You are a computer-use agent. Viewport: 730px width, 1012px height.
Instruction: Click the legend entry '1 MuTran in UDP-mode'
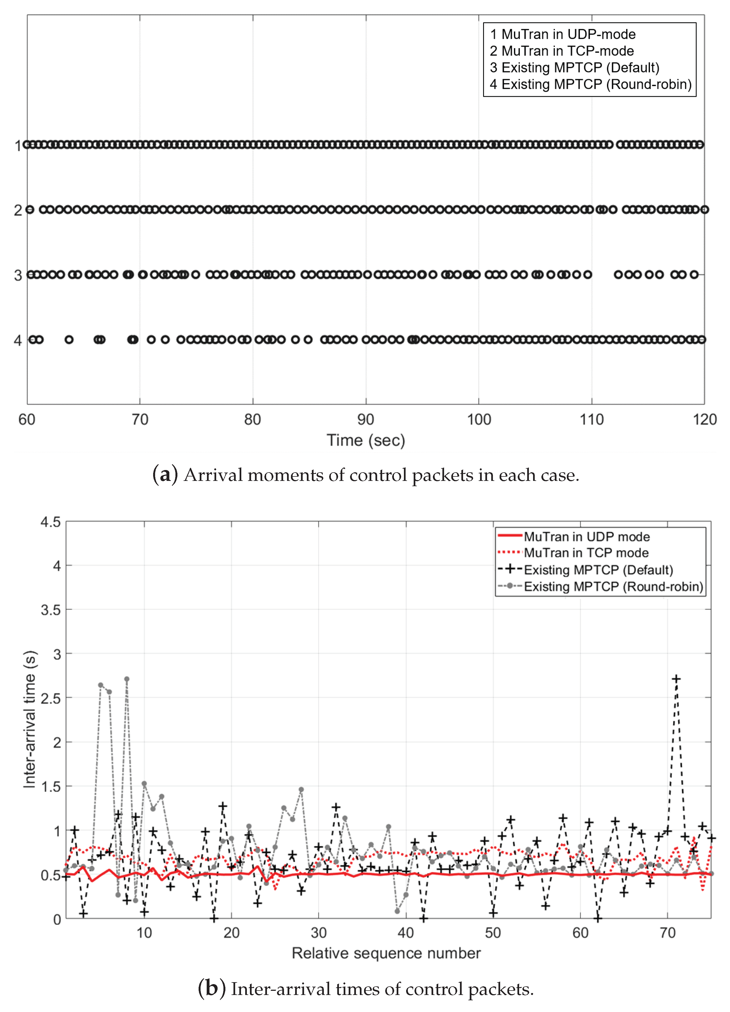563,34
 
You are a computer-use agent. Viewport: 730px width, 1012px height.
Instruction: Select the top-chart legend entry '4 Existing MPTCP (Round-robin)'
590,84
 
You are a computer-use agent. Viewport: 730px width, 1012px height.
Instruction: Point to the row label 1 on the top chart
18,146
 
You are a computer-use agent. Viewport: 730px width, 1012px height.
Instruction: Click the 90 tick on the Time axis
366,419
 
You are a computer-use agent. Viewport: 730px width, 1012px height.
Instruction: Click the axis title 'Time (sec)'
366,440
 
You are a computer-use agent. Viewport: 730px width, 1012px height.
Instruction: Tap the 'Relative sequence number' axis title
386,953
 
